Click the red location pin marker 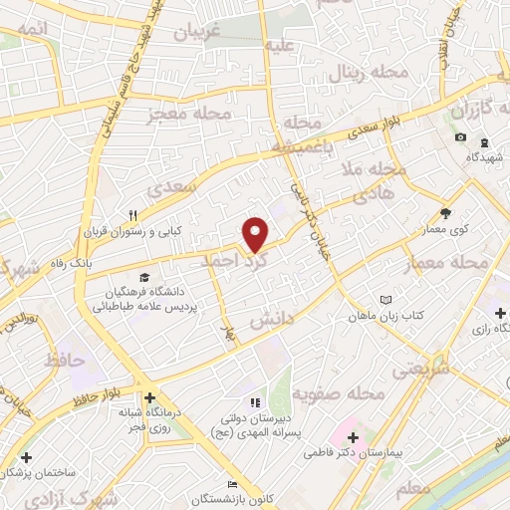(x=256, y=234)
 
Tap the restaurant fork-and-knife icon (x=132, y=214)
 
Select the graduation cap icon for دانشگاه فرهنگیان (x=145, y=277)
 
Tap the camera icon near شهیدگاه (x=460, y=137)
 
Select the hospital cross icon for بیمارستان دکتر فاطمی (x=355, y=435)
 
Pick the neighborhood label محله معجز (x=189, y=115)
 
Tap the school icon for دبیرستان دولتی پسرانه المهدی (x=253, y=402)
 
